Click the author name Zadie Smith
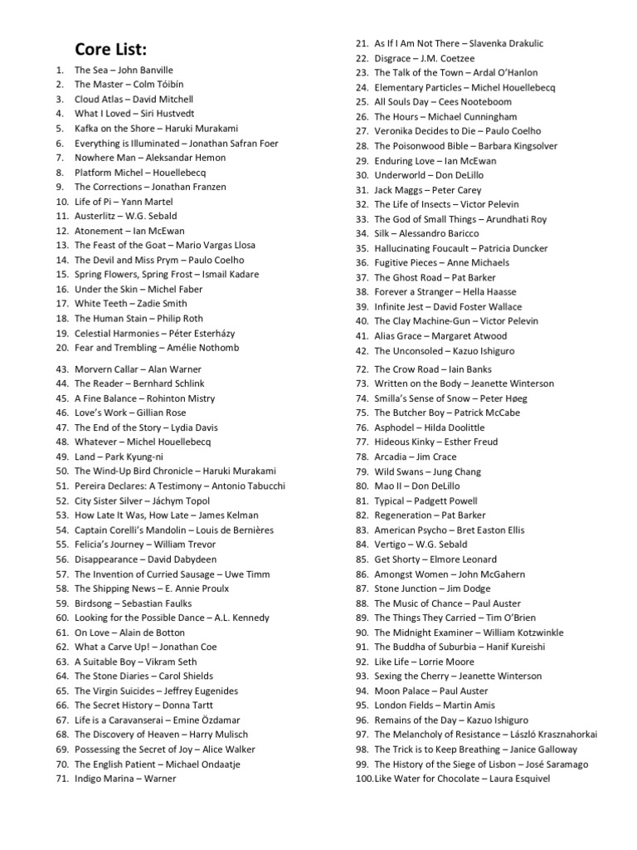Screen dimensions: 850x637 point(164,304)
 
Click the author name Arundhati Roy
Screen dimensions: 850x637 point(518,219)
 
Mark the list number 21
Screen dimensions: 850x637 point(362,43)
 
